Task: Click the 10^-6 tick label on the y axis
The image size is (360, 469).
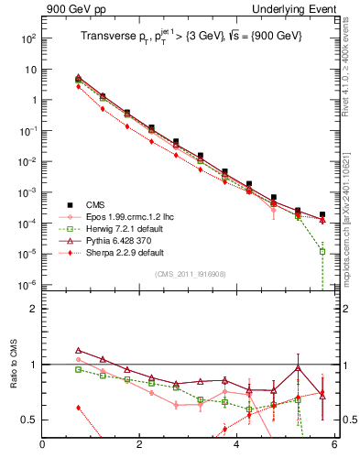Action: coord(27,285)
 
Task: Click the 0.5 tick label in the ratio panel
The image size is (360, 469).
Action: coord(28,420)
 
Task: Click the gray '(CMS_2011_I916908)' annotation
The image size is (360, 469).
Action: coord(190,273)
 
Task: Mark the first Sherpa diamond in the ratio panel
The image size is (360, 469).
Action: coord(79,408)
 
